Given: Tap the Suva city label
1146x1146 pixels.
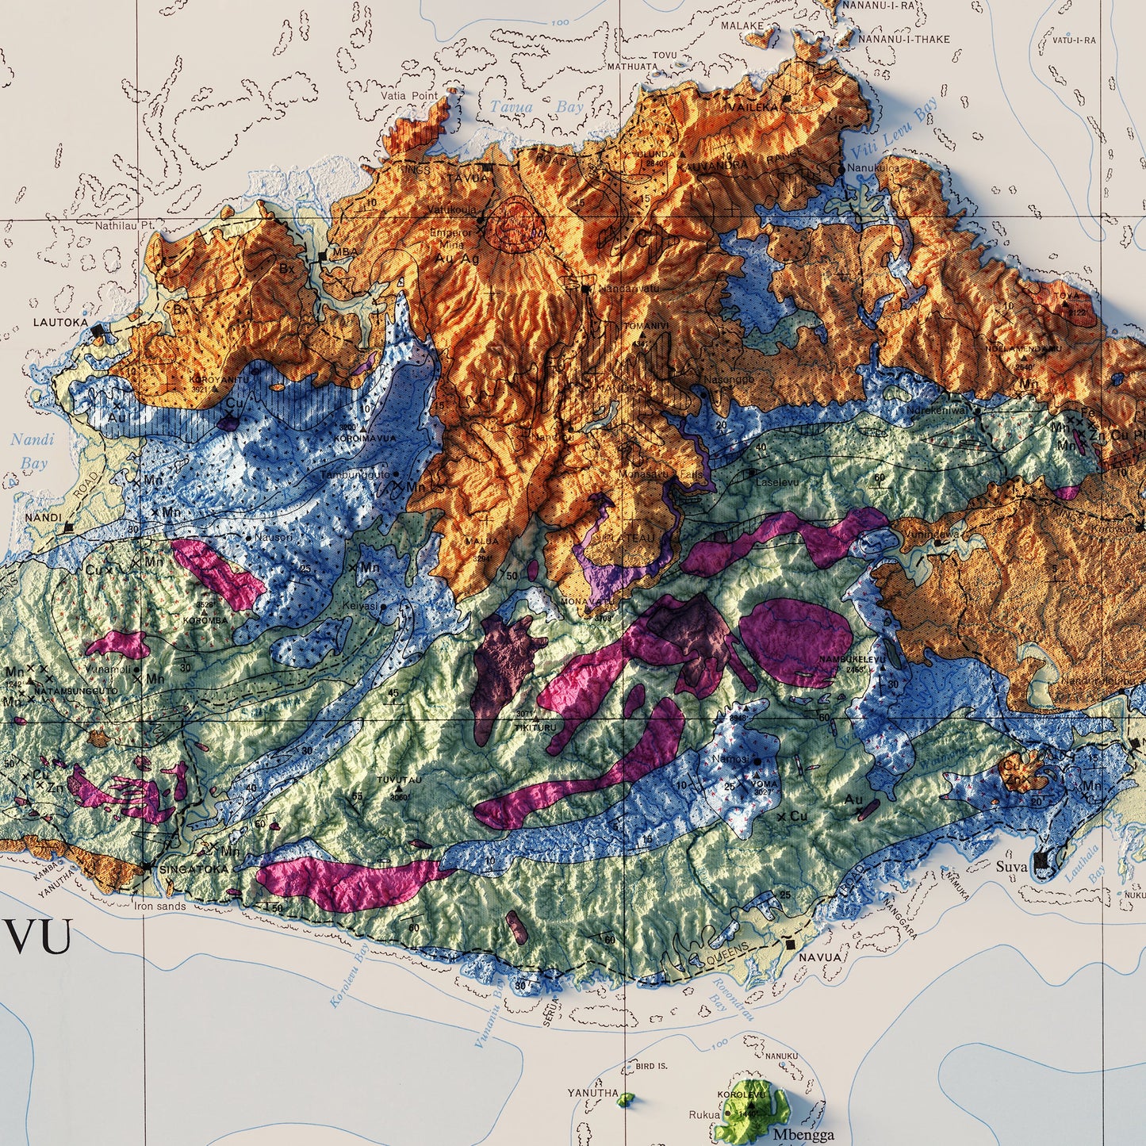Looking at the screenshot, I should click(x=1011, y=867).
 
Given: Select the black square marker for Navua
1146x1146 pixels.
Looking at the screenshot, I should click(x=791, y=944).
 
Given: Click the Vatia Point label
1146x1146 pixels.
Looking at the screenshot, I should click(x=408, y=96).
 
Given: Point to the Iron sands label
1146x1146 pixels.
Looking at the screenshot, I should click(x=159, y=906).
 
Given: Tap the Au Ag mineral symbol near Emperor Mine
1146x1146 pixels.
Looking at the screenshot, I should click(x=458, y=259).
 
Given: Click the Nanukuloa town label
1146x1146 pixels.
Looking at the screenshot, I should click(x=873, y=168).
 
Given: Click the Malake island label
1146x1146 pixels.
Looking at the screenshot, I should click(x=742, y=25).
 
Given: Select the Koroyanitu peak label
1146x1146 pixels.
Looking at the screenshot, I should click(x=209, y=379).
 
